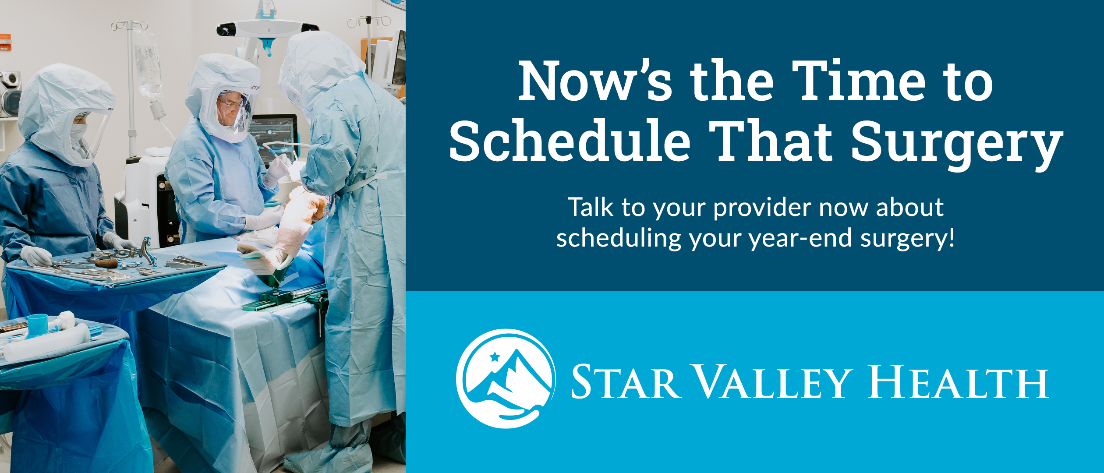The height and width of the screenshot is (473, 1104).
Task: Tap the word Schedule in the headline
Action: [x=570, y=140]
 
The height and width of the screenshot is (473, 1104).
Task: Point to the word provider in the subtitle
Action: [x=762, y=208]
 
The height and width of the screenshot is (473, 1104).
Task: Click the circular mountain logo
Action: [x=506, y=378]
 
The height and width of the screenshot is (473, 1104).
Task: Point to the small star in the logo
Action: [x=495, y=357]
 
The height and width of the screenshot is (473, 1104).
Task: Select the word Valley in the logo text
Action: [x=774, y=382]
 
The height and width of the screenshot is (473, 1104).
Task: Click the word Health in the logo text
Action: [x=959, y=382]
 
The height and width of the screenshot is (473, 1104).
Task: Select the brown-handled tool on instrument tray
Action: [x=106, y=263]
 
